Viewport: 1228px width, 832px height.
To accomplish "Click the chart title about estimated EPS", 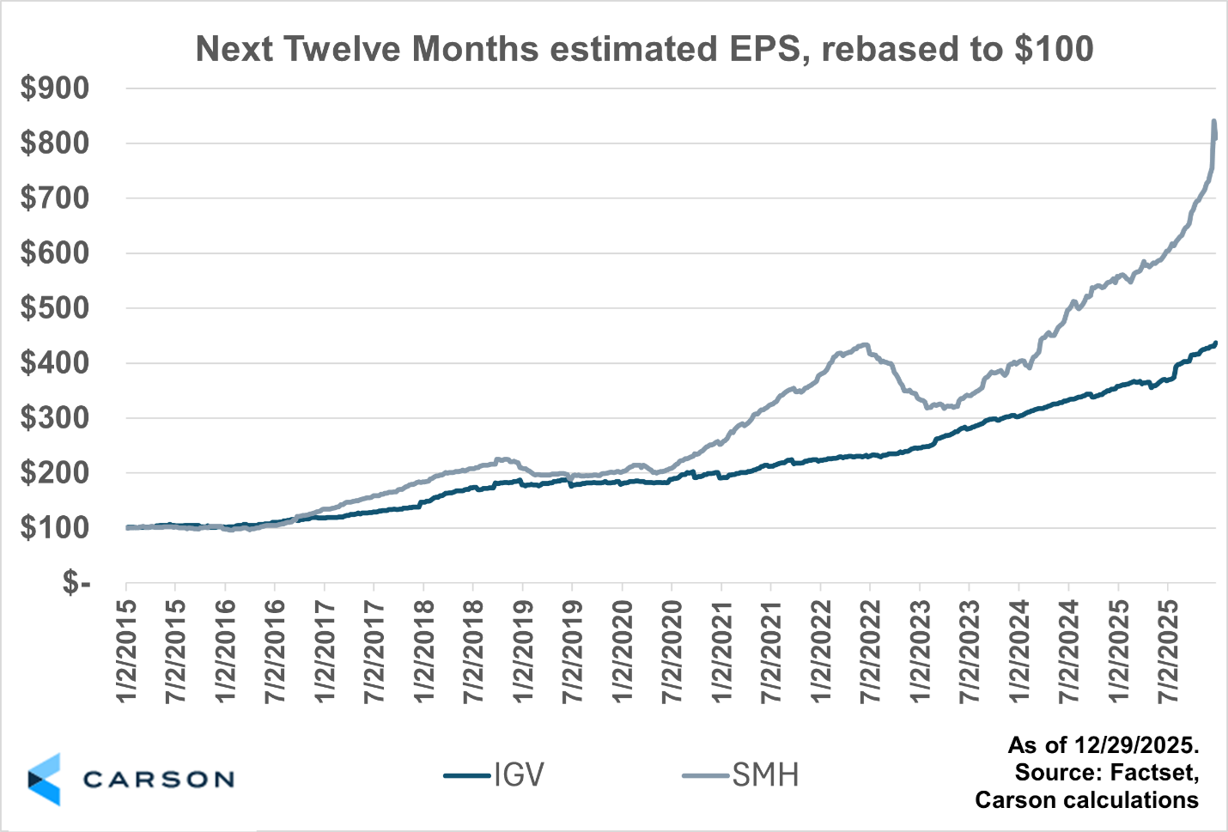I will click(644, 49).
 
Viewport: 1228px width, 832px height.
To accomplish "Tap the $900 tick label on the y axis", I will click(55, 88).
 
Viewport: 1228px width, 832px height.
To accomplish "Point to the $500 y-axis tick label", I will click(55, 307).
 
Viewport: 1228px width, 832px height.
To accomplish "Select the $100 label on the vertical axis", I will click(55, 527).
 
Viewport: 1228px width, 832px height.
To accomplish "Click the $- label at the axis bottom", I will click(76, 583).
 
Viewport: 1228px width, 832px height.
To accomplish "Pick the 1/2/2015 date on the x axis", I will click(128, 651).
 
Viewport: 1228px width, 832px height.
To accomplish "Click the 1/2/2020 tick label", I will click(623, 651).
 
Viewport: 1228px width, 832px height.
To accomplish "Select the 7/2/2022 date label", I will click(872, 651).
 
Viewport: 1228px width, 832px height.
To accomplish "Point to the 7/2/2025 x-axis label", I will click(1169, 651).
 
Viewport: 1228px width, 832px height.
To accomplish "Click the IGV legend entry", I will click(495, 775).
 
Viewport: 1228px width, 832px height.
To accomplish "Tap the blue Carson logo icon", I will click(45, 780).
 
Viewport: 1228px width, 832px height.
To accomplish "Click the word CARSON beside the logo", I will click(159, 780).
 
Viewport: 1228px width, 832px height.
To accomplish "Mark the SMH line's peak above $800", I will click(1213, 121).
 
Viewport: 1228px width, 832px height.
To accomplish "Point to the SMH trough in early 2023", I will click(928, 407).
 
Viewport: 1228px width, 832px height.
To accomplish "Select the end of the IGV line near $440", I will click(1215, 343).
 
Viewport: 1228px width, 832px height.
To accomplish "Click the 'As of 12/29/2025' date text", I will click(1103, 744).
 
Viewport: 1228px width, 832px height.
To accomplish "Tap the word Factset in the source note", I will click(1153, 772).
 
